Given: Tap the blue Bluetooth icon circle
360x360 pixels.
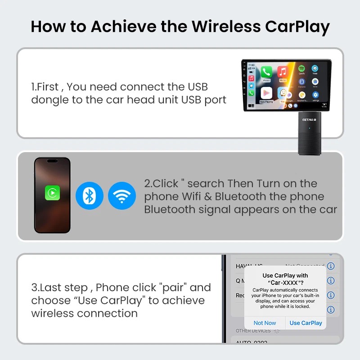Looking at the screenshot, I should click(90, 196).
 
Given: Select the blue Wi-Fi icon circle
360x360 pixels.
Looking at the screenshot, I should click(122, 196).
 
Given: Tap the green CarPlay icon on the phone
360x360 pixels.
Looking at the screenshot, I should click(52, 193).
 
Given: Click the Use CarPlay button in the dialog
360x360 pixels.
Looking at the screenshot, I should click(306, 323).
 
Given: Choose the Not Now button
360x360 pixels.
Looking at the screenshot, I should click(265, 323).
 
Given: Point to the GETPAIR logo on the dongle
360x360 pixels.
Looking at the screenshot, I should click(309, 119).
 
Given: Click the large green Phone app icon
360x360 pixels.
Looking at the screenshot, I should click(266, 72).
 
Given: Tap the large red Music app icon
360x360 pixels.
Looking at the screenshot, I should click(283, 72).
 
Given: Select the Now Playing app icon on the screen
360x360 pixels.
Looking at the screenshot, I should click(266, 94).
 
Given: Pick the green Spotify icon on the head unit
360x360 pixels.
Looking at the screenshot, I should click(301, 69).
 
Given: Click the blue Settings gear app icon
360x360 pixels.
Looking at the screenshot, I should click(315, 95).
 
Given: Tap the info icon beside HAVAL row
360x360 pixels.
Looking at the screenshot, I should click(331, 266).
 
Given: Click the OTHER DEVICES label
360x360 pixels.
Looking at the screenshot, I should click(253, 331).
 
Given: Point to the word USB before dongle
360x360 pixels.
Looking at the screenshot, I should click(198, 86).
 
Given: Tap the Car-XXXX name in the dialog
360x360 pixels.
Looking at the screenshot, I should click(285, 282).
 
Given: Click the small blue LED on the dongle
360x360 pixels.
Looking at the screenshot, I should click(309, 128).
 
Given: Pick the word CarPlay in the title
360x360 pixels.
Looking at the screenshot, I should click(297, 27).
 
